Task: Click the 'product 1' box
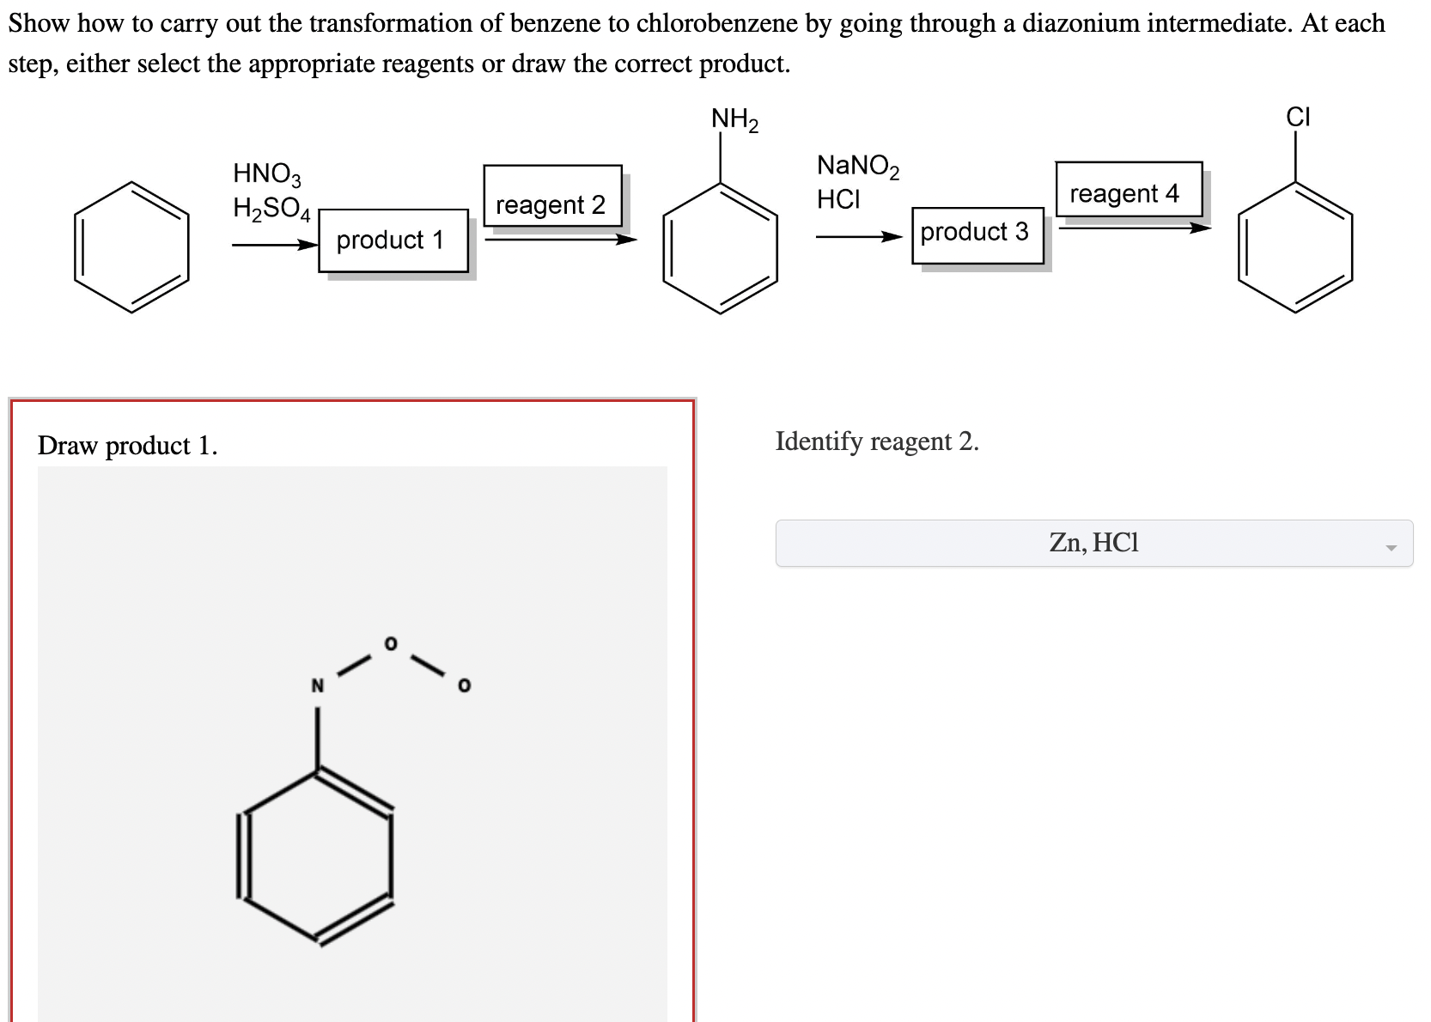point(393,240)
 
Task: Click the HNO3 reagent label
point(267,173)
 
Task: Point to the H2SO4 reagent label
point(271,208)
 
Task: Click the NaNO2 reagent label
point(857,165)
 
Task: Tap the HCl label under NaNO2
point(838,199)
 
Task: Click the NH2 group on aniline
point(734,119)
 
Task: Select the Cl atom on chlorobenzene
point(1297,117)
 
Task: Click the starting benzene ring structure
point(131,246)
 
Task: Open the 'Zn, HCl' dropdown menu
point(1093,543)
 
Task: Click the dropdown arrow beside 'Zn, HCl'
point(1391,547)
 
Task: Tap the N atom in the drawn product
point(317,686)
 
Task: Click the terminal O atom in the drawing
point(464,686)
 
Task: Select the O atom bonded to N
point(391,643)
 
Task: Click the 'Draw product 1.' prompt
point(127,445)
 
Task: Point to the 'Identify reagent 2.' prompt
point(876,441)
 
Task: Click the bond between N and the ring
point(317,739)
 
